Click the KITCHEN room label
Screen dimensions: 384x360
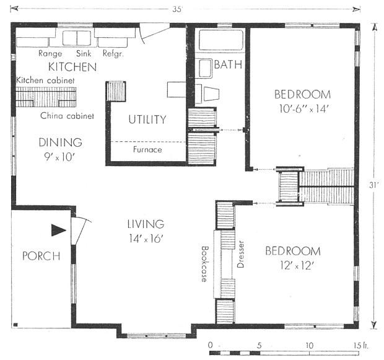tap(72, 67)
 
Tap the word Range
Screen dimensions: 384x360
tap(50, 53)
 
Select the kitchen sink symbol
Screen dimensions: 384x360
tap(77, 38)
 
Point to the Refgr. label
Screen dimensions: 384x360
tap(113, 53)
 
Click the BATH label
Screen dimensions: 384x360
tap(229, 64)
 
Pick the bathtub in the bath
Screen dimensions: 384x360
tap(221, 40)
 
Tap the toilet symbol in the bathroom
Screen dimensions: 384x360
tap(211, 94)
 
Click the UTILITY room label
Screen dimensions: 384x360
tap(147, 120)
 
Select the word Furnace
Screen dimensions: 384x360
tap(147, 149)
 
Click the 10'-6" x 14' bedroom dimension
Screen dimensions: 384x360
tap(303, 108)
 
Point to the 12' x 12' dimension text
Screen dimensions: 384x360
tap(297, 265)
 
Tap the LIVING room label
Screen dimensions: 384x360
tap(146, 224)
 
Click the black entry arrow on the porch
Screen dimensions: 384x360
tap(59, 230)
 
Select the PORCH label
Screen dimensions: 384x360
tap(41, 256)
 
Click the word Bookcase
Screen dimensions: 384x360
tap(204, 264)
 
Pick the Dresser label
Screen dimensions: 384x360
tap(240, 255)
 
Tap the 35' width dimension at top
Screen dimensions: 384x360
tap(177, 9)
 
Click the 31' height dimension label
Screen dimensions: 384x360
tap(373, 185)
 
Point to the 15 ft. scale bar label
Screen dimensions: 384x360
tap(360, 346)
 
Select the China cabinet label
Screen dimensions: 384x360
tap(67, 116)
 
